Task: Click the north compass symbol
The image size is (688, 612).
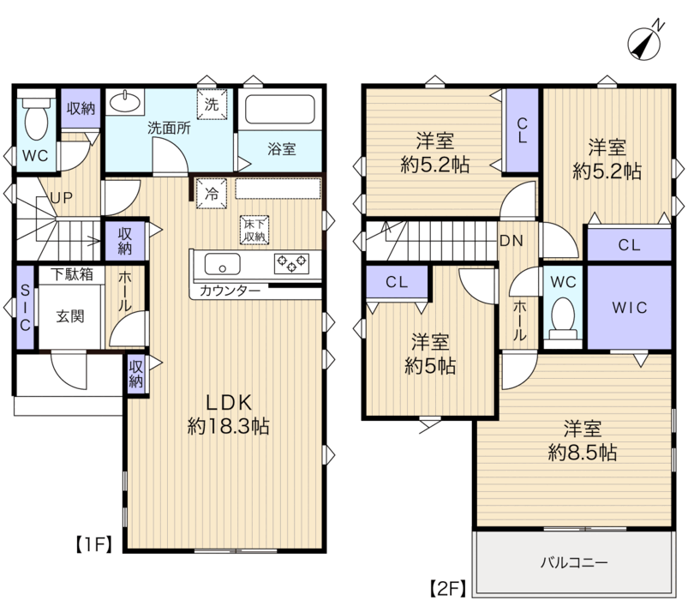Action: (644, 43)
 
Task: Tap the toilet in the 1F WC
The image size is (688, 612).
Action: (37, 117)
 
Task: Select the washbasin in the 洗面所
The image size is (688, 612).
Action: (125, 102)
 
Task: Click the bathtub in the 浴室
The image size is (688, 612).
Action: (280, 110)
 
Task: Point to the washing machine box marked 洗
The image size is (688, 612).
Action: (212, 104)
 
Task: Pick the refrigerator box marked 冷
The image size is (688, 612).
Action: (212, 193)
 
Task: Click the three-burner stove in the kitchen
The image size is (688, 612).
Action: (292, 264)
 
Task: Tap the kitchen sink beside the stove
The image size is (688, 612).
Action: (223, 264)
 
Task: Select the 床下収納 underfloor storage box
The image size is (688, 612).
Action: (254, 230)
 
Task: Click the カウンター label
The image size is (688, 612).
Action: (230, 291)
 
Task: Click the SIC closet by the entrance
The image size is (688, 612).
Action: (26, 308)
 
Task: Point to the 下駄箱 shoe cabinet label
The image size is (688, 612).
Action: (71, 275)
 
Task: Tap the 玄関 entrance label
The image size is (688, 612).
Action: (70, 316)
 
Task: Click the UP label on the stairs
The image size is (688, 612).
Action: (62, 198)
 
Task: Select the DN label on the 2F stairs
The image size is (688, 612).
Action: (512, 241)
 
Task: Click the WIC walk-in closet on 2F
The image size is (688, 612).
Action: (630, 308)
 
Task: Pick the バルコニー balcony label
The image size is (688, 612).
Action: (574, 562)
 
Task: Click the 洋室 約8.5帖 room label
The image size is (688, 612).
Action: (583, 441)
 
